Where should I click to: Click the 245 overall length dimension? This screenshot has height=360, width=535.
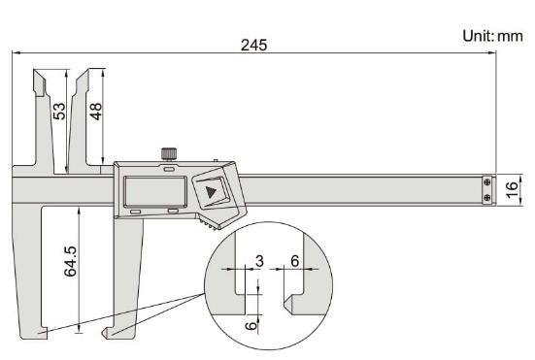(x=253, y=45)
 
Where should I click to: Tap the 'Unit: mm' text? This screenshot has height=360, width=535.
(x=492, y=36)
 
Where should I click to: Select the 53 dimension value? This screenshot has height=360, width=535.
(x=59, y=112)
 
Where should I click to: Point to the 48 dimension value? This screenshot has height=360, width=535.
(x=96, y=112)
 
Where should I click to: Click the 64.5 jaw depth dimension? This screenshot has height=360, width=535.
(x=71, y=261)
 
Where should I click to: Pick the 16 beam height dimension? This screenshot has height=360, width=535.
(x=512, y=189)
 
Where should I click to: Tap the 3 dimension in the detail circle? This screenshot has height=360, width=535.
(x=259, y=261)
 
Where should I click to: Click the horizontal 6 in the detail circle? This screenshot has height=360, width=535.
(x=295, y=261)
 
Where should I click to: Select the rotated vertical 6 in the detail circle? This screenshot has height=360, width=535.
(x=251, y=326)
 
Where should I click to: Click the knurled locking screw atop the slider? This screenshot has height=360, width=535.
(x=169, y=153)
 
